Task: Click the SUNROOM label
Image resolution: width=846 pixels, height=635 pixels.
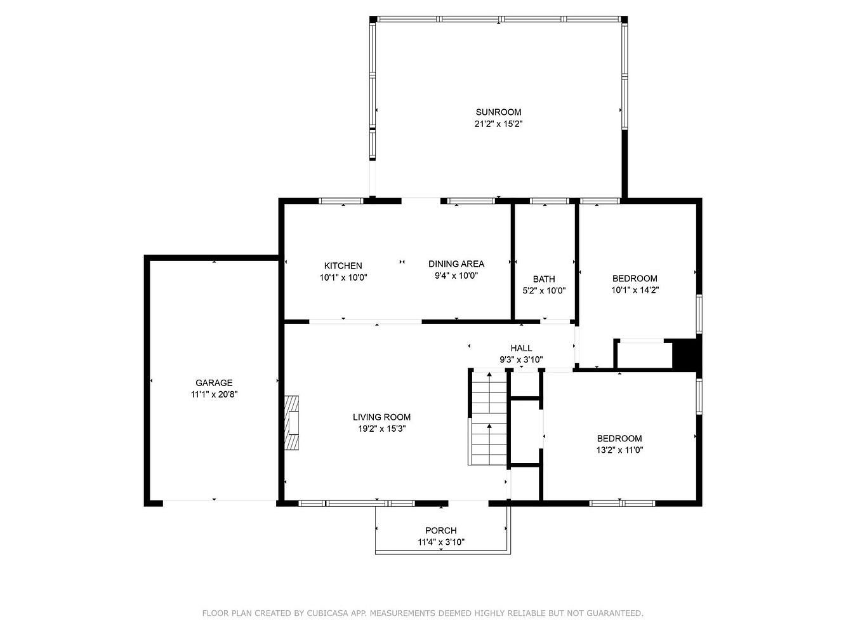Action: coord(498,112)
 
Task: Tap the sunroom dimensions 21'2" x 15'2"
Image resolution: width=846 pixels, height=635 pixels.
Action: coord(498,124)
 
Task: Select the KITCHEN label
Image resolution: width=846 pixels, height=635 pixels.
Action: coord(343,265)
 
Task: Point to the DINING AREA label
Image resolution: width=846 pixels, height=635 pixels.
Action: coord(456,264)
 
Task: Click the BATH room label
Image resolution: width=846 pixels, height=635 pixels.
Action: coord(544,279)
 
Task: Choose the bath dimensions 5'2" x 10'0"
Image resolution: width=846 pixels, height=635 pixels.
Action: coord(544,291)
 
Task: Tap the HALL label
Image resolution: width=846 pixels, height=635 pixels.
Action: coord(521,348)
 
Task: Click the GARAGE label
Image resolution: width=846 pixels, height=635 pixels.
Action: coord(214,383)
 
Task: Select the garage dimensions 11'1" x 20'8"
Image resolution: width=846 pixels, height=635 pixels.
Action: coord(214,394)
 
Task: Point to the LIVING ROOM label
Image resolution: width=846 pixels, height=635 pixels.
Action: coord(381,417)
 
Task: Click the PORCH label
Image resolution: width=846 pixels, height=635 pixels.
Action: coord(441,530)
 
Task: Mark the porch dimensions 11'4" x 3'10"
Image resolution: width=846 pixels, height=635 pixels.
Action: coord(441,542)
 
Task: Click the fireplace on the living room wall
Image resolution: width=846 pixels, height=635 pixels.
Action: coord(291,422)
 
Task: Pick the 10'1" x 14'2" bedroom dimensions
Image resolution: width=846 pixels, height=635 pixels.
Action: coord(635,290)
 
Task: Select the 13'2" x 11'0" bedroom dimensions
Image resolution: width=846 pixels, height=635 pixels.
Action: coord(619,450)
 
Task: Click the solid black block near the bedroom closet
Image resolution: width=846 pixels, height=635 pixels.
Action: coord(685,354)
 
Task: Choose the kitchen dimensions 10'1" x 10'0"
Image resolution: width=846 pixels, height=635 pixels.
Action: coord(343,277)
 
